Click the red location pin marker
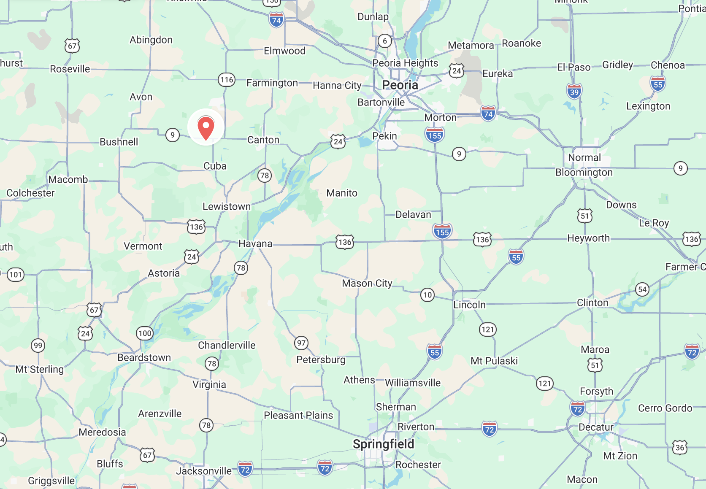click(206, 127)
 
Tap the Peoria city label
click(400, 85)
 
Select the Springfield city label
click(383, 444)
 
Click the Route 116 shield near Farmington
click(227, 80)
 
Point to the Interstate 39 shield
click(574, 92)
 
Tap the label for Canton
click(263, 140)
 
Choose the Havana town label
click(255, 244)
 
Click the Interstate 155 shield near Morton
click(434, 135)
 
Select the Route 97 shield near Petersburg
click(301, 343)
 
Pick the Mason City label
click(367, 283)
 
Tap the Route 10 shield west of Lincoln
click(427, 295)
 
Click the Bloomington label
click(584, 173)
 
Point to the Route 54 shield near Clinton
click(642, 289)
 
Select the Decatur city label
click(596, 427)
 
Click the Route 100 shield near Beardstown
click(145, 333)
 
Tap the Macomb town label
click(68, 180)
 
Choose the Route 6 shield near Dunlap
click(384, 41)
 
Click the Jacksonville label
click(204, 471)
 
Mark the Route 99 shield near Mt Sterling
click(38, 346)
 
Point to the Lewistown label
click(227, 207)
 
